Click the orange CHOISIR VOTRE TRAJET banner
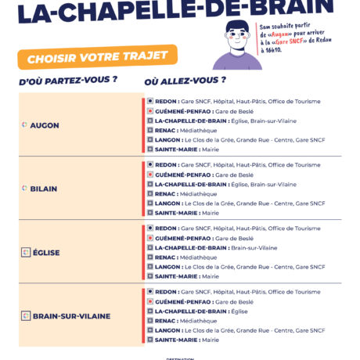[97, 58]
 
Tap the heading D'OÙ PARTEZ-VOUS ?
[67, 80]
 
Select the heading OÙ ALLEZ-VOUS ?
[185, 80]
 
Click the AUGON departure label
[44, 125]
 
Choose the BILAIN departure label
[44, 189]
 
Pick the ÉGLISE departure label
[46, 253]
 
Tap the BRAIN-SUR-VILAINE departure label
[71, 316]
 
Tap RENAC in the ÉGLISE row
[165, 257]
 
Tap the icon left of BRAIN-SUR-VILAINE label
[25, 316]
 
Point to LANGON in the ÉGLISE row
[167, 267]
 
